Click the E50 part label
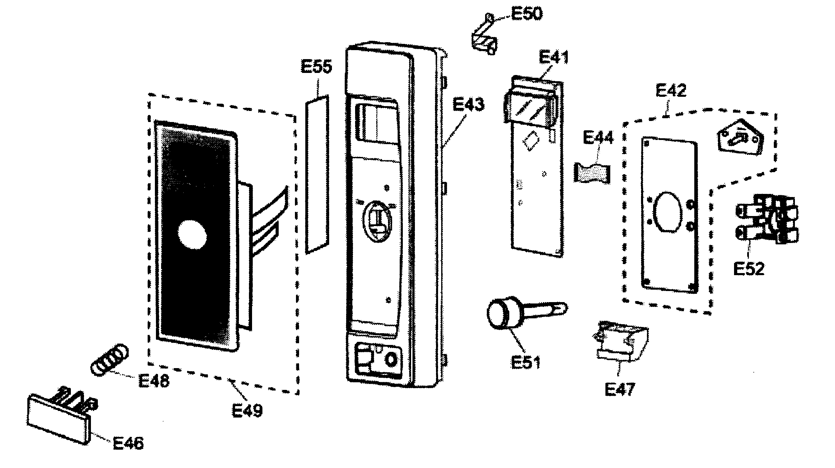pos(527,14)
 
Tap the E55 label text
pos(316,67)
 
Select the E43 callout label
pos(468,104)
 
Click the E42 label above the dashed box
pos(671,91)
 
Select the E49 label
pos(247,411)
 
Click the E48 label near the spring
pos(154,381)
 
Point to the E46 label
pos(128,443)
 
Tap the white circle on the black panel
pos(193,235)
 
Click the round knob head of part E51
pos(500,314)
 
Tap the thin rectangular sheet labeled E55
pos(317,175)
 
